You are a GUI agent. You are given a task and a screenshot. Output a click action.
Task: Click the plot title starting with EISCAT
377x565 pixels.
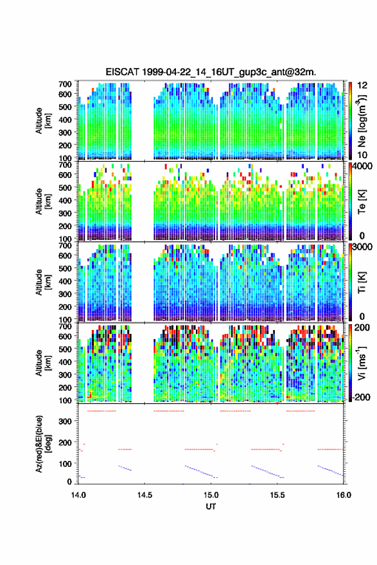tap(211, 72)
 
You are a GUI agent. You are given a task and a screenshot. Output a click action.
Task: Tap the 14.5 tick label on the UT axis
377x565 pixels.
tap(145, 495)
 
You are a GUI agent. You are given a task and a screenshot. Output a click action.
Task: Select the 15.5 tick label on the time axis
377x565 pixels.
tap(277, 495)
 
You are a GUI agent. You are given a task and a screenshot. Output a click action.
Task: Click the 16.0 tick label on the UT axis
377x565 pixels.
tap(344, 495)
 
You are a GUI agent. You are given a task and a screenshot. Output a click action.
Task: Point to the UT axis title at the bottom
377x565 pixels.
tap(211, 507)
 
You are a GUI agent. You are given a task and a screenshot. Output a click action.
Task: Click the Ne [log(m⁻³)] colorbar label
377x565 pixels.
tap(362, 121)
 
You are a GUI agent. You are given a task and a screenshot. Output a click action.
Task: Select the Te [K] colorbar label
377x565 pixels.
tap(362, 202)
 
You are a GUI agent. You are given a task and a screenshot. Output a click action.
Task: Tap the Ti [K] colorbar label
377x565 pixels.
tap(362, 282)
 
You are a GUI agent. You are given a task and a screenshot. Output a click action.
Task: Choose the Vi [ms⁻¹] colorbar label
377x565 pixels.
tap(362, 363)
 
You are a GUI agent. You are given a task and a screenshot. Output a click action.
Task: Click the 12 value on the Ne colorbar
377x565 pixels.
tap(362, 85)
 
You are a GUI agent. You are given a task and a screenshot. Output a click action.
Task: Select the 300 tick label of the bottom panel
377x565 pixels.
tap(66, 421)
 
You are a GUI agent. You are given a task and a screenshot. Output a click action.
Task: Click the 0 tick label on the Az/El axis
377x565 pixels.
tap(69, 482)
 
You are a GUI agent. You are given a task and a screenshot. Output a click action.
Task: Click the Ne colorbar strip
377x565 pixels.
tap(350, 121)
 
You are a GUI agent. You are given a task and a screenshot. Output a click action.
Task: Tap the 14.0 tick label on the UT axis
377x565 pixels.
tap(78, 495)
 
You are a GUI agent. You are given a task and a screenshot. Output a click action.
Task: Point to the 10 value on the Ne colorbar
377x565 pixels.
tap(362, 155)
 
